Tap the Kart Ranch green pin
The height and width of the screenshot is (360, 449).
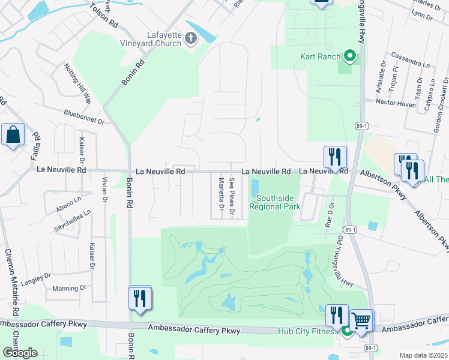[350, 57]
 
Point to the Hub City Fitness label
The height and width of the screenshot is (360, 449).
[306, 331]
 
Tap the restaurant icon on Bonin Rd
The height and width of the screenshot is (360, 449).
[140, 298]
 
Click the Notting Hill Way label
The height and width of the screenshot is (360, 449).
[77, 83]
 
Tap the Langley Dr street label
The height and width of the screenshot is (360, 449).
[37, 278]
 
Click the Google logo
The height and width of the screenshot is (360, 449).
[19, 353]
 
